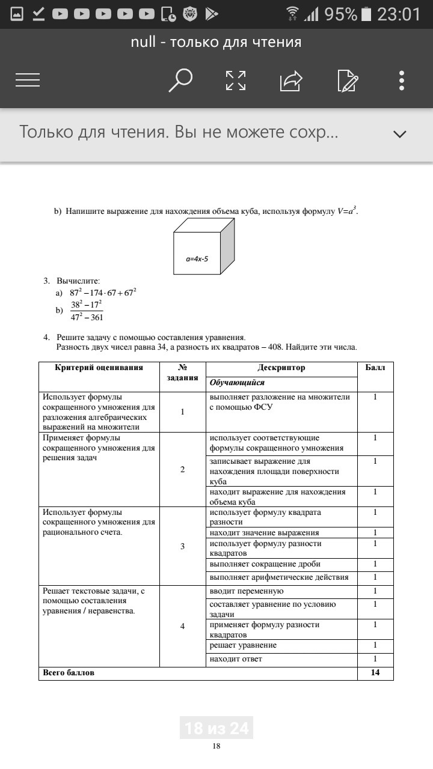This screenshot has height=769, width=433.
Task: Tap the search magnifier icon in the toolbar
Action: pos(180,81)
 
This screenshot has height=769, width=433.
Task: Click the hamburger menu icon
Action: pos(28,81)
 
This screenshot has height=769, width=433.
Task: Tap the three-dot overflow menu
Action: pos(402,81)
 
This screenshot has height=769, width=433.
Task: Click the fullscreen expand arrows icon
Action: pos(236,81)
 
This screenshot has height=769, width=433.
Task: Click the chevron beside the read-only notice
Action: pos(400,134)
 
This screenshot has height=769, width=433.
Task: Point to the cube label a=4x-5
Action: pos(201,259)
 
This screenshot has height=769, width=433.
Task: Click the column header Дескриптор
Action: pos(281,368)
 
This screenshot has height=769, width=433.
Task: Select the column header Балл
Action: pos(375,368)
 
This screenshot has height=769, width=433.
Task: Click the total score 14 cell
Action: pos(375,673)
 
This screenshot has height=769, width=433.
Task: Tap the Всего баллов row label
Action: pos(69,673)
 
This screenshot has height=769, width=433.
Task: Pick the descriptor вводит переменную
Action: pos(247,591)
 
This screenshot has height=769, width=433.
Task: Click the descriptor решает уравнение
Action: pos(243,645)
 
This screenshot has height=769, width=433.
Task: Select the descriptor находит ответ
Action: pos(236,659)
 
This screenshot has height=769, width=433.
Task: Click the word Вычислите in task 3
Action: pos(78,281)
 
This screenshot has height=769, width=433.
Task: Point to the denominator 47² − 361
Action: pos(87,317)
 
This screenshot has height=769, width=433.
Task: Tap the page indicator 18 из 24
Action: pos(216,728)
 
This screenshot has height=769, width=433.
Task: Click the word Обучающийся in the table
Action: pos(237,383)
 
